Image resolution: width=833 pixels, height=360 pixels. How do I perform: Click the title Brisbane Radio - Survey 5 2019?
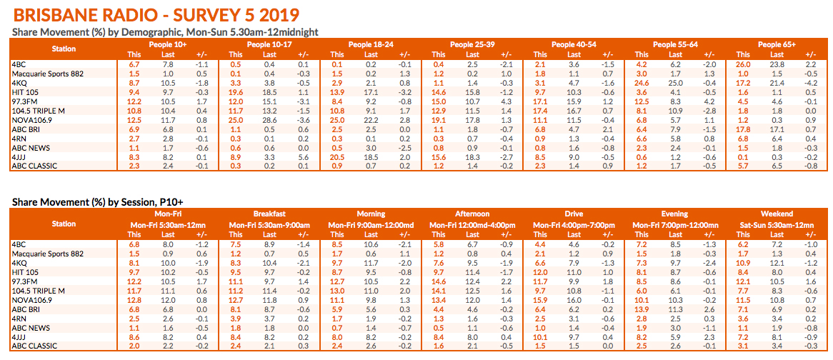tap(156, 15)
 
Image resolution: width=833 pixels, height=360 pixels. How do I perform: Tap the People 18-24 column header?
tap(370, 45)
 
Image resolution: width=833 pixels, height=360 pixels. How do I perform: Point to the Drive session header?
tap(573, 214)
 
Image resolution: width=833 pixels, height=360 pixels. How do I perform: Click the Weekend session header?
tap(777, 214)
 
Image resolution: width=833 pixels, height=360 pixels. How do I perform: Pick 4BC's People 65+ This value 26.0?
tap(744, 64)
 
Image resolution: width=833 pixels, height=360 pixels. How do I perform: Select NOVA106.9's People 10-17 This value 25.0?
tap(235, 120)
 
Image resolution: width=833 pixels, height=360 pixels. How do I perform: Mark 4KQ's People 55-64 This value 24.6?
tap(642, 83)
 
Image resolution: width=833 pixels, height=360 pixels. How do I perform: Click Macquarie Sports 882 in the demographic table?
tap(47, 74)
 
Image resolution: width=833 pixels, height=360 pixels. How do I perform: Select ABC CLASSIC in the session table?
tap(36, 346)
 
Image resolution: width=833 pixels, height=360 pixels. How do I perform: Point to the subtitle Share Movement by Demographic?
tap(165, 32)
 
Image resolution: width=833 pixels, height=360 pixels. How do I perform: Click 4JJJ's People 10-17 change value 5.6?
tap(304, 156)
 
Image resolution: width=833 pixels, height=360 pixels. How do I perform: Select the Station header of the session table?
tap(64, 224)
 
